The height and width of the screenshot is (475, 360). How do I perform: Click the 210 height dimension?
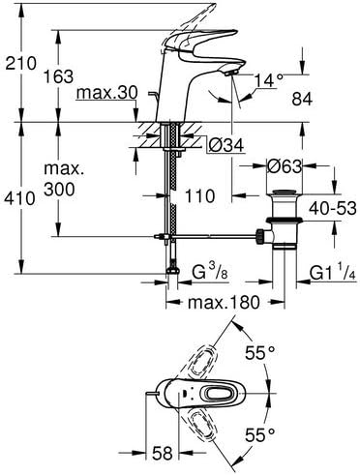20,63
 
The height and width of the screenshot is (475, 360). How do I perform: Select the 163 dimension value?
58,76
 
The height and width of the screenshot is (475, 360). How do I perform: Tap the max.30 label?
107,93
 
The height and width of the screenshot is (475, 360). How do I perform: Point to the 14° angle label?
269,80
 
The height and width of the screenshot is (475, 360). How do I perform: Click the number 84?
302,99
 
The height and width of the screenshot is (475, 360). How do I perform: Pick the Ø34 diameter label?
226,146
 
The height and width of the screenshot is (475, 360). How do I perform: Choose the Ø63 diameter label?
285,166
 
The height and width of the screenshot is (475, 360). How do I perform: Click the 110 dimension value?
199,195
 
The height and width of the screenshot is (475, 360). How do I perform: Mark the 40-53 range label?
333,209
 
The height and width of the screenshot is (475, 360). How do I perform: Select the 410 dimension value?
19,198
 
